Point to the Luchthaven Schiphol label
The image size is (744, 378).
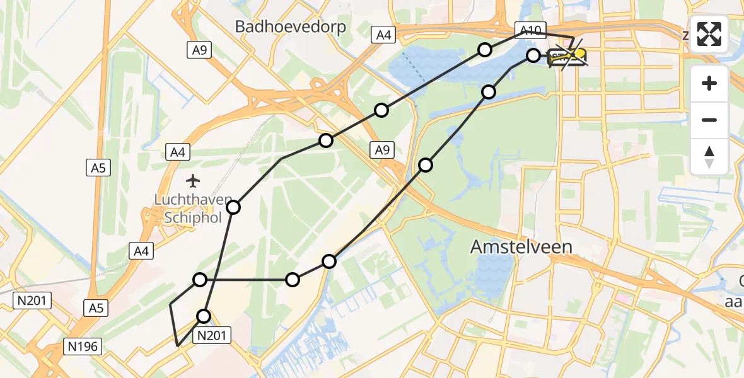click(193, 208)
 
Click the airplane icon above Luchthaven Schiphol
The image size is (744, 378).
click(193, 181)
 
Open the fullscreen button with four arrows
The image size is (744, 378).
click(709, 34)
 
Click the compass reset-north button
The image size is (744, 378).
click(709, 157)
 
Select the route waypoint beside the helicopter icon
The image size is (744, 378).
click(533, 55)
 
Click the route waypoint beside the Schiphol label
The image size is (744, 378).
click(233, 207)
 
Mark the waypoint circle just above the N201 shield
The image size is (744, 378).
click(204, 316)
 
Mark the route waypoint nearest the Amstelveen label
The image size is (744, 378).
click(426, 165)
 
